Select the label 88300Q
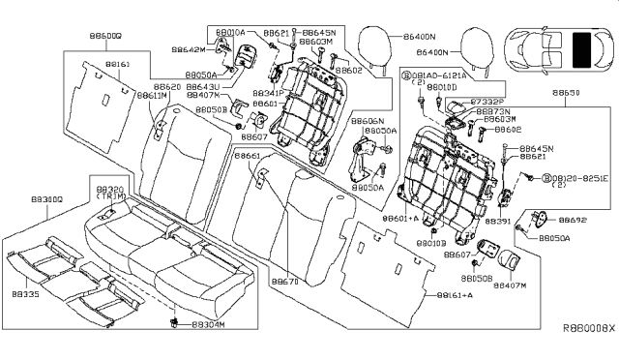tap(45, 199)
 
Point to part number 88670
tap(284, 282)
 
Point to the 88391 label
tap(497, 222)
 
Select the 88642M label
tap(190, 47)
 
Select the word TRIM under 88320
tap(111, 196)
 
